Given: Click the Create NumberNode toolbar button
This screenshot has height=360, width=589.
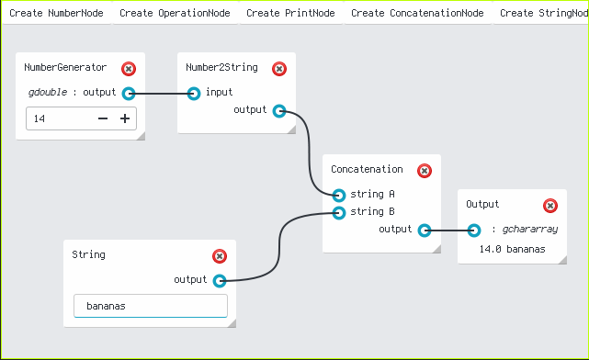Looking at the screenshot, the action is coord(56,13).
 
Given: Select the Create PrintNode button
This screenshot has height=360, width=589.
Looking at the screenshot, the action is coord(290,13).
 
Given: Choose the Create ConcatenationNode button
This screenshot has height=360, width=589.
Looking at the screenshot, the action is coord(417,13).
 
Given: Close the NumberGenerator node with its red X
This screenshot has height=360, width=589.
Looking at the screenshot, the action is coord(129,69).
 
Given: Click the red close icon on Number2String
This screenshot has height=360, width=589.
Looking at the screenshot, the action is coord(279,69).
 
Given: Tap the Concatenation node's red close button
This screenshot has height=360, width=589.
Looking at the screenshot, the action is coord(425,171).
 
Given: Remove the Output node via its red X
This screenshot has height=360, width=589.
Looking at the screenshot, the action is coord(550,206).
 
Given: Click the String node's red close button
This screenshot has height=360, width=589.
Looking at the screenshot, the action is coord(220,256).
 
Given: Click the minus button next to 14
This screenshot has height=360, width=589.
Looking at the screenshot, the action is coord(103,118).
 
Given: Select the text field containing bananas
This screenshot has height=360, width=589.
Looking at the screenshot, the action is coord(151,306).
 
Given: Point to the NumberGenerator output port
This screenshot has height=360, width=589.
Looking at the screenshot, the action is coord(129,94).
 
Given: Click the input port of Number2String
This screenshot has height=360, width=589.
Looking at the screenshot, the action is coord(194,94).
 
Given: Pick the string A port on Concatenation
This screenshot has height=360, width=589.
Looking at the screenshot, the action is coord(339,196).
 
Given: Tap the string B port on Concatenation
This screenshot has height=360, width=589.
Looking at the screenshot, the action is coord(339,213).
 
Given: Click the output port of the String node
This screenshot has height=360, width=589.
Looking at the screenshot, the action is coord(220,281).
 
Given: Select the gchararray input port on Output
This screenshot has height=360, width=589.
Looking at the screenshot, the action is coord(474,231).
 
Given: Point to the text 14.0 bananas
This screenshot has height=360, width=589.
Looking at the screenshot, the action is coord(512,249).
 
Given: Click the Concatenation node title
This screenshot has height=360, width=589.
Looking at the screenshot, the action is coord(367,169).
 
